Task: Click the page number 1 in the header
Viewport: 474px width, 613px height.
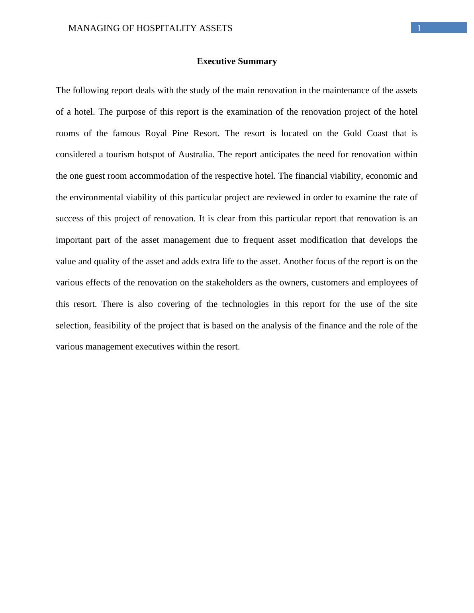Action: (x=419, y=28)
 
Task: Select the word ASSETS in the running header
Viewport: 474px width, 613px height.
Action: (x=218, y=28)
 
